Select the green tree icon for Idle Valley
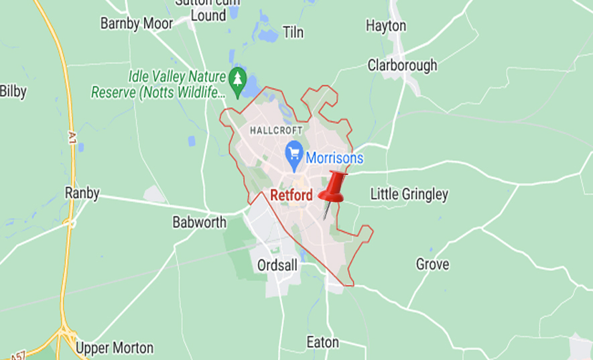237,78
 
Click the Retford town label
291,196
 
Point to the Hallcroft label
276,130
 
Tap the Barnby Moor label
137,23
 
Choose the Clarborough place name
402,65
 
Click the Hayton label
386,25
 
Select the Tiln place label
293,32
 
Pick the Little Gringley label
409,194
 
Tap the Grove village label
432,264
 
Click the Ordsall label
277,265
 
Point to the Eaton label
323,342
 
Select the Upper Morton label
114,349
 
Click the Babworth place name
200,222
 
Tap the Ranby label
82,193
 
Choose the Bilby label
13,91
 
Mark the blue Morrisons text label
334,159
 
